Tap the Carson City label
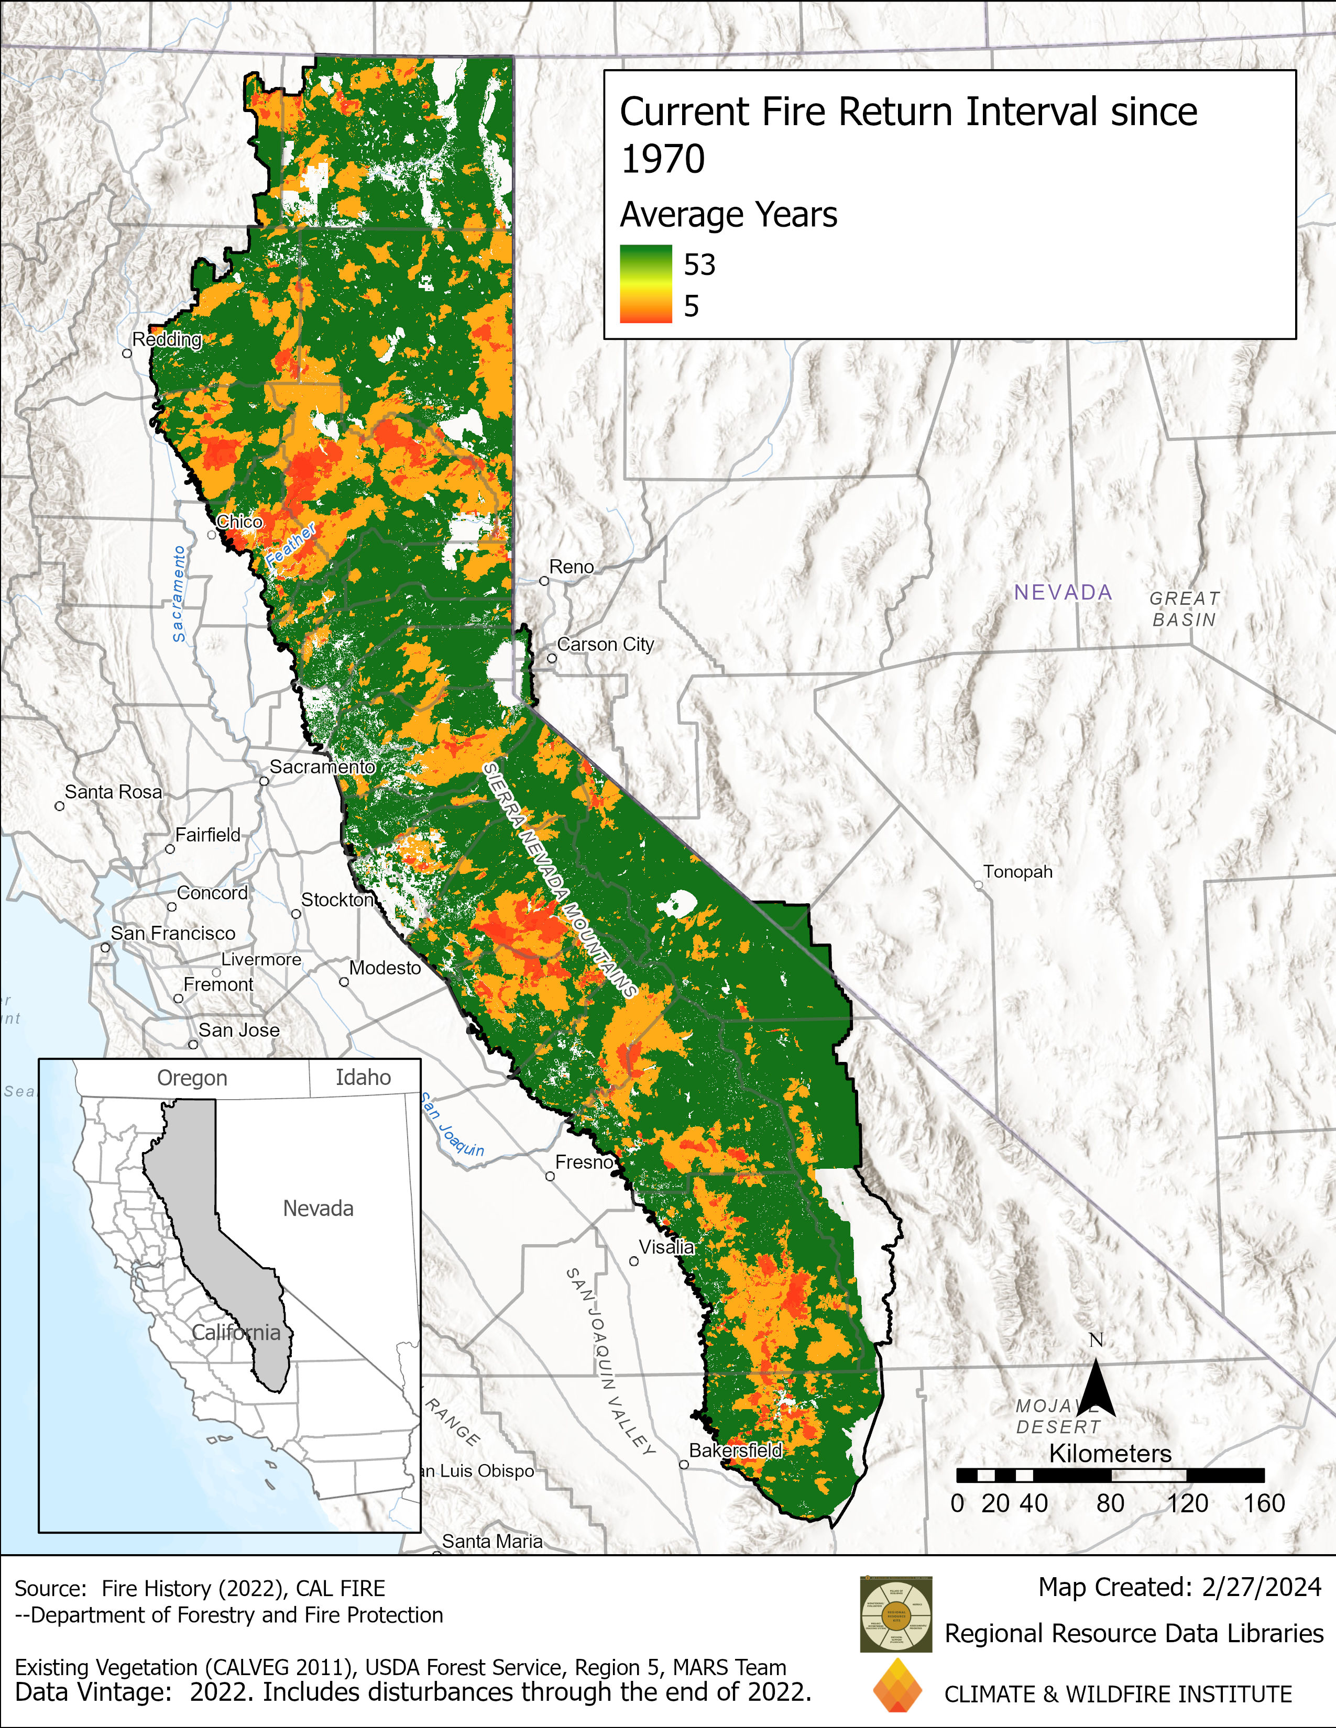(606, 644)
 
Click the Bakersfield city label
(735, 1450)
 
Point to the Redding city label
(167, 339)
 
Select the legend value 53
(699, 264)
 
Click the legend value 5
(691, 306)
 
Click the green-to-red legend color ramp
(646, 284)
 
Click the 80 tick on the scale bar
(1110, 1503)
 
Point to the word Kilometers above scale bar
(1110, 1454)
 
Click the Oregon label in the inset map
(192, 1078)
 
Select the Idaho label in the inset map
(363, 1078)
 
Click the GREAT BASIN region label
(1184, 609)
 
